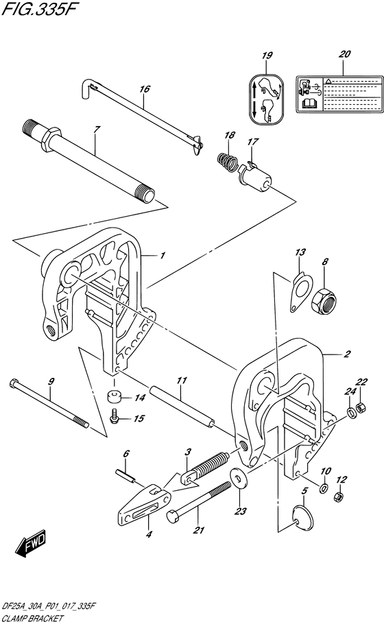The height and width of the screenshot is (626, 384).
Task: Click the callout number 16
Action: [144, 88]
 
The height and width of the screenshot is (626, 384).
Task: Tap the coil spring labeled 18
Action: [227, 160]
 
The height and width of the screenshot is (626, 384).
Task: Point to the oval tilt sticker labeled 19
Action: [266, 98]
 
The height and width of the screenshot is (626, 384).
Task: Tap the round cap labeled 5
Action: [302, 518]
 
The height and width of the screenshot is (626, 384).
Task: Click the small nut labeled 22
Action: [361, 407]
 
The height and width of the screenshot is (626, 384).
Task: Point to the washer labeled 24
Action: [351, 412]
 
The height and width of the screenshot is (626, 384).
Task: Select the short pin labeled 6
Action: [125, 476]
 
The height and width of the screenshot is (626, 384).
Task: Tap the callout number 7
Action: [97, 130]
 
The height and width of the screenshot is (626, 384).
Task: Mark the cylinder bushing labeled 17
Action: [254, 176]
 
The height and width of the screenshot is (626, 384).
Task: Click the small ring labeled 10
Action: [324, 487]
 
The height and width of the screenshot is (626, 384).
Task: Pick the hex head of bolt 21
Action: [173, 516]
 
